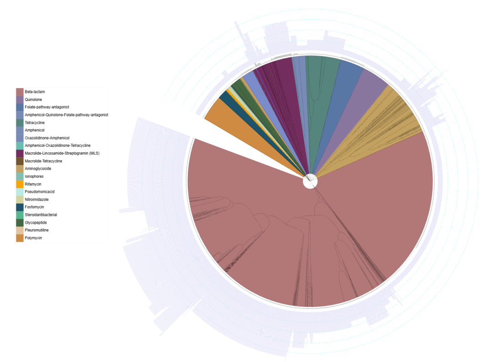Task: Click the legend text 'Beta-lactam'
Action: coord(35,91)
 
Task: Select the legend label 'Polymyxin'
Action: coord(34,238)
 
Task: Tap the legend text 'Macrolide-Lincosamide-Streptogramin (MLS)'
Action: coord(62,153)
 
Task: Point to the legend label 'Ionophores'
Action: coord(34,176)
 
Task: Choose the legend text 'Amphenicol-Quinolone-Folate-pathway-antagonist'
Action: coord(66,115)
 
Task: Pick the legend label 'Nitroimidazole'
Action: coord(37,199)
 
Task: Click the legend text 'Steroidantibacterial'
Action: coord(41,215)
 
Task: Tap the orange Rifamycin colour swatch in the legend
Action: coord(20,184)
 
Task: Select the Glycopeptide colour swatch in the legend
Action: coord(20,222)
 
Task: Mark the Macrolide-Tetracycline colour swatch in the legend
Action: coord(20,161)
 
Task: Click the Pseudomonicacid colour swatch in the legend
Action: coord(20,192)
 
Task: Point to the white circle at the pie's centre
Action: coord(310,182)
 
